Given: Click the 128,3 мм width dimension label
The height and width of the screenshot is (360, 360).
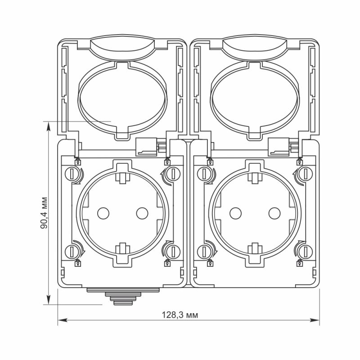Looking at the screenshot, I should (180, 315).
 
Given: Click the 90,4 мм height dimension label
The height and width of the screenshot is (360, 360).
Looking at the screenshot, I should (44, 213).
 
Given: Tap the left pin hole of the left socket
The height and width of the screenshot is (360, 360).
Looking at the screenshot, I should (103, 212).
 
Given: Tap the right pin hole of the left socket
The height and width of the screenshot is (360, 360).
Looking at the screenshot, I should (142, 212).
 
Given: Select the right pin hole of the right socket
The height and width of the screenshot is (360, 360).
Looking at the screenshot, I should (274, 212).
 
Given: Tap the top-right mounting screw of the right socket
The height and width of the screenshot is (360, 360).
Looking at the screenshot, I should (302, 173).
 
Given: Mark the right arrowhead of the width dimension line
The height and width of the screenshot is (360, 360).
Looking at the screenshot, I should (317, 320).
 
